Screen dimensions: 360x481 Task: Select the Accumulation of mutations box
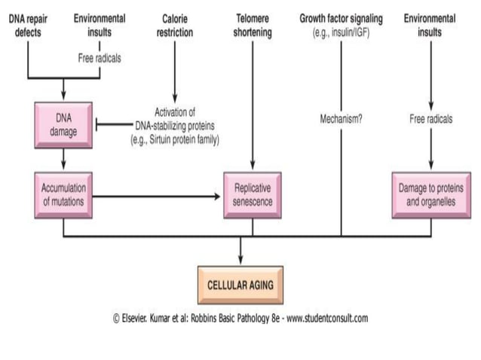tap(63, 194)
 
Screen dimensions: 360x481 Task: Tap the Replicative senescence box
tap(252, 194)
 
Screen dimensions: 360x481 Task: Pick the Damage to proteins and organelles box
tap(430, 194)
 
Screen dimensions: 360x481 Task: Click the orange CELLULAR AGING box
tap(240, 285)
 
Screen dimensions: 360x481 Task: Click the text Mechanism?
tap(341, 118)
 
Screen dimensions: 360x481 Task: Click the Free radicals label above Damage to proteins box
tap(430, 118)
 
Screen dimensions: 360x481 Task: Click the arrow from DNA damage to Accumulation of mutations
tap(63, 159)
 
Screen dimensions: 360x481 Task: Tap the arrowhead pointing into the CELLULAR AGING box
tap(240, 260)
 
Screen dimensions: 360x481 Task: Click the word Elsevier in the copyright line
tap(136, 318)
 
